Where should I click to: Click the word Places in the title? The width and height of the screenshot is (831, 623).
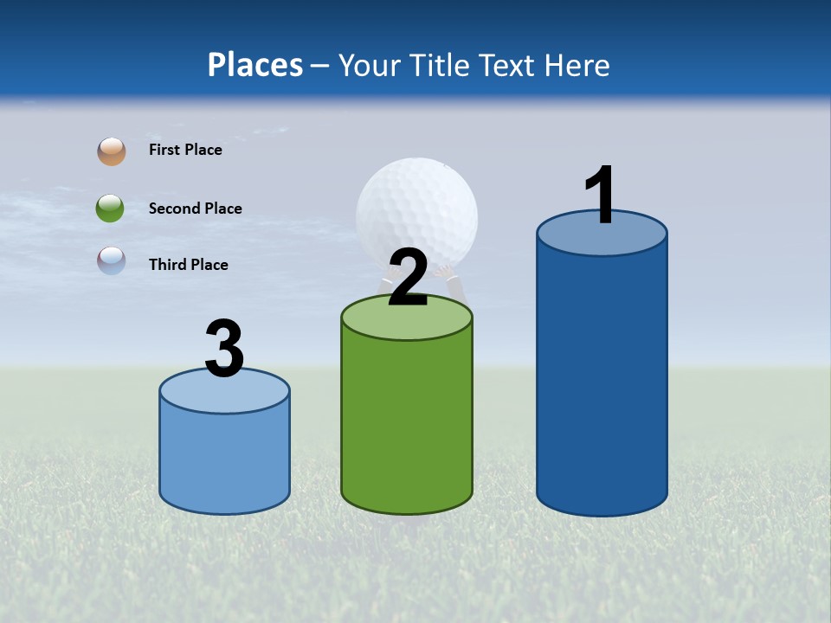point(254,65)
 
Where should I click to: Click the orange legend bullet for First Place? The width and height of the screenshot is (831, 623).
point(112,151)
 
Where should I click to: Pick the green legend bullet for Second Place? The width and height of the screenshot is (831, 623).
point(111,209)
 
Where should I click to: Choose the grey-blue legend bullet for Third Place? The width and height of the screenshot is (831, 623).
point(112,260)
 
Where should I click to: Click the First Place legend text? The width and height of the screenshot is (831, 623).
point(185,150)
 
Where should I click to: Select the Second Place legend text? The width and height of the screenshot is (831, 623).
point(195,209)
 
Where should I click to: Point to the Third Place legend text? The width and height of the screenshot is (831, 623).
point(188,265)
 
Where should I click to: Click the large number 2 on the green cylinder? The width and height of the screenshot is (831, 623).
point(408,278)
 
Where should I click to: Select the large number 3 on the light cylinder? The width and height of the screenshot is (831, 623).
point(224,348)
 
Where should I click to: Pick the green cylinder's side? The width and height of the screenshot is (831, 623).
point(407,424)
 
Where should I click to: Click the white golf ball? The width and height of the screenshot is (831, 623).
point(416,203)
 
